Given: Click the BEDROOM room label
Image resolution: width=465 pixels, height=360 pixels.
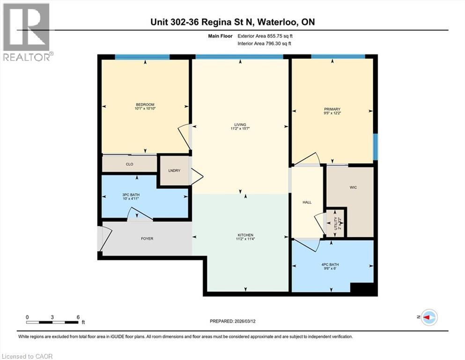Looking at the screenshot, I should point(145,105).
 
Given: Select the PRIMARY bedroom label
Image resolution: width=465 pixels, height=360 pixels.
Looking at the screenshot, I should point(332,109).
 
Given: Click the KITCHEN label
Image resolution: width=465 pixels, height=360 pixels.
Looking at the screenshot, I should point(245,235).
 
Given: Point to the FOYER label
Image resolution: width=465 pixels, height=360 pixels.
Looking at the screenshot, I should point(147,239).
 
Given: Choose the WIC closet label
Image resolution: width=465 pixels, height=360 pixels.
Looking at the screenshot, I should point(353,187).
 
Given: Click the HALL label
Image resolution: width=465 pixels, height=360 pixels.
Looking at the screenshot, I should point(307,202).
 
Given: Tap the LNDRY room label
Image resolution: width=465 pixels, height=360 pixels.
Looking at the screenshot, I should point(174,171).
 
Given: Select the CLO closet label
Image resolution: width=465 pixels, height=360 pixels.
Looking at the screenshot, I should point(130,165).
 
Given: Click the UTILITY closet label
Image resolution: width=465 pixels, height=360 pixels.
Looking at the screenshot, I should point(335,222).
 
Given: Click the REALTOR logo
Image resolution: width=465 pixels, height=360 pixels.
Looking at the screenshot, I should point(27,32).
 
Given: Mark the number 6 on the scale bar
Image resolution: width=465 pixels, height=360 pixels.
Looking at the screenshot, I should point(78,317).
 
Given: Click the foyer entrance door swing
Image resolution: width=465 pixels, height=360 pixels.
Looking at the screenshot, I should point(105,239).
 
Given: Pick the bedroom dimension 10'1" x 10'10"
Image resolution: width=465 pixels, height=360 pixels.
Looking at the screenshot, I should point(145,108).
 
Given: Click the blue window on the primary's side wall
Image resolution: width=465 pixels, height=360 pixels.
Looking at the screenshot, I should point(375,147).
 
